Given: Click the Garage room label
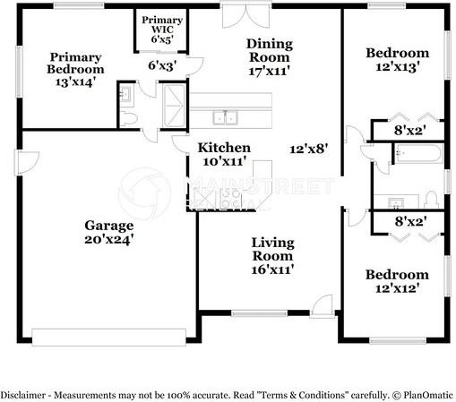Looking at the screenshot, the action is (x=109, y=226).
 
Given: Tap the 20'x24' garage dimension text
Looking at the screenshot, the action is (x=108, y=240).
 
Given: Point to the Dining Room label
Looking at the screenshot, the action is (x=270, y=50).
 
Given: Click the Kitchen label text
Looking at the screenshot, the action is (x=224, y=148).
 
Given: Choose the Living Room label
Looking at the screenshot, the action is (x=272, y=249).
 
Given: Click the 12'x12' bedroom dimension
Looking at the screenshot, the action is (x=396, y=288).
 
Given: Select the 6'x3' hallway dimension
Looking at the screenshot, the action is (x=163, y=65).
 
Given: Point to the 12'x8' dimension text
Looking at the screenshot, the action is (x=309, y=149).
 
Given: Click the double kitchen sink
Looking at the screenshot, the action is (x=226, y=117).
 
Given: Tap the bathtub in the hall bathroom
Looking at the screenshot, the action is (x=418, y=153).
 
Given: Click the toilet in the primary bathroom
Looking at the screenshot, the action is (x=129, y=119).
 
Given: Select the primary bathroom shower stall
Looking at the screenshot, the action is (x=174, y=106).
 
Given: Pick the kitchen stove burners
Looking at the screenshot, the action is (x=230, y=198).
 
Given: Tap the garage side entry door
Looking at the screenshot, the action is (x=27, y=162).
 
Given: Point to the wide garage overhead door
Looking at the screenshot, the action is (x=109, y=338).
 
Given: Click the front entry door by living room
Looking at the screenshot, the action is (x=322, y=306).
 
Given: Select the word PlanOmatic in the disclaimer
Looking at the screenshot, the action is (x=428, y=395).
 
